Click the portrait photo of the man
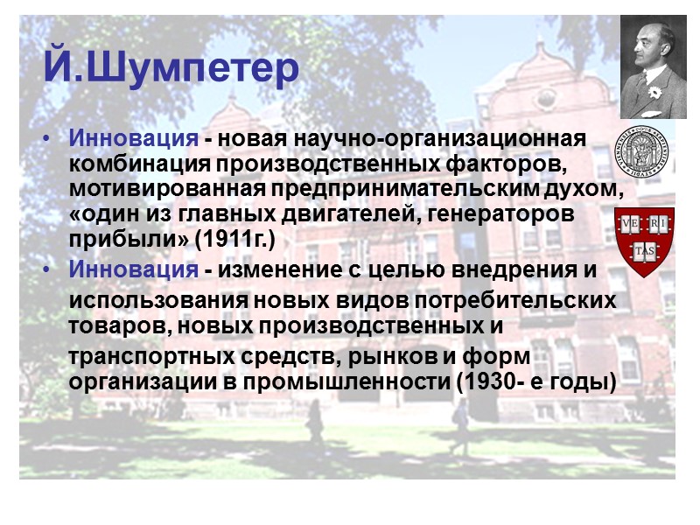(653, 66)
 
